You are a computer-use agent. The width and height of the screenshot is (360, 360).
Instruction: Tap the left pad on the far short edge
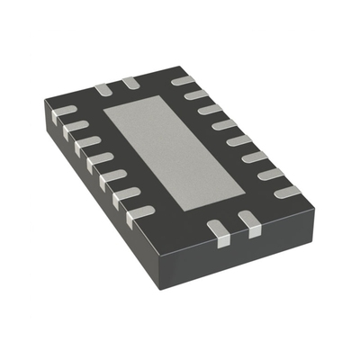coord(102,89)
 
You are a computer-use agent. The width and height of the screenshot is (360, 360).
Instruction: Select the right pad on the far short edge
coord(130,83)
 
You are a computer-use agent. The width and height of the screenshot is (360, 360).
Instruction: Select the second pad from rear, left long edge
coord(77,126)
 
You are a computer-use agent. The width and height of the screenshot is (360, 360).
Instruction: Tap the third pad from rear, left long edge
coord(88,141)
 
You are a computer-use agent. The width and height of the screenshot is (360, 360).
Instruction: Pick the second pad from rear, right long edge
coord(196,94)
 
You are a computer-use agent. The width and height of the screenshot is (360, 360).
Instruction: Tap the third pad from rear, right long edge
coord(210,109)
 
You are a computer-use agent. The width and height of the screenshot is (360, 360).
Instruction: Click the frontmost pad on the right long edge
coord(286,192)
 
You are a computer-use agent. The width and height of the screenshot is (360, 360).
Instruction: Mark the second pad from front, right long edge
coord(270,174)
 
